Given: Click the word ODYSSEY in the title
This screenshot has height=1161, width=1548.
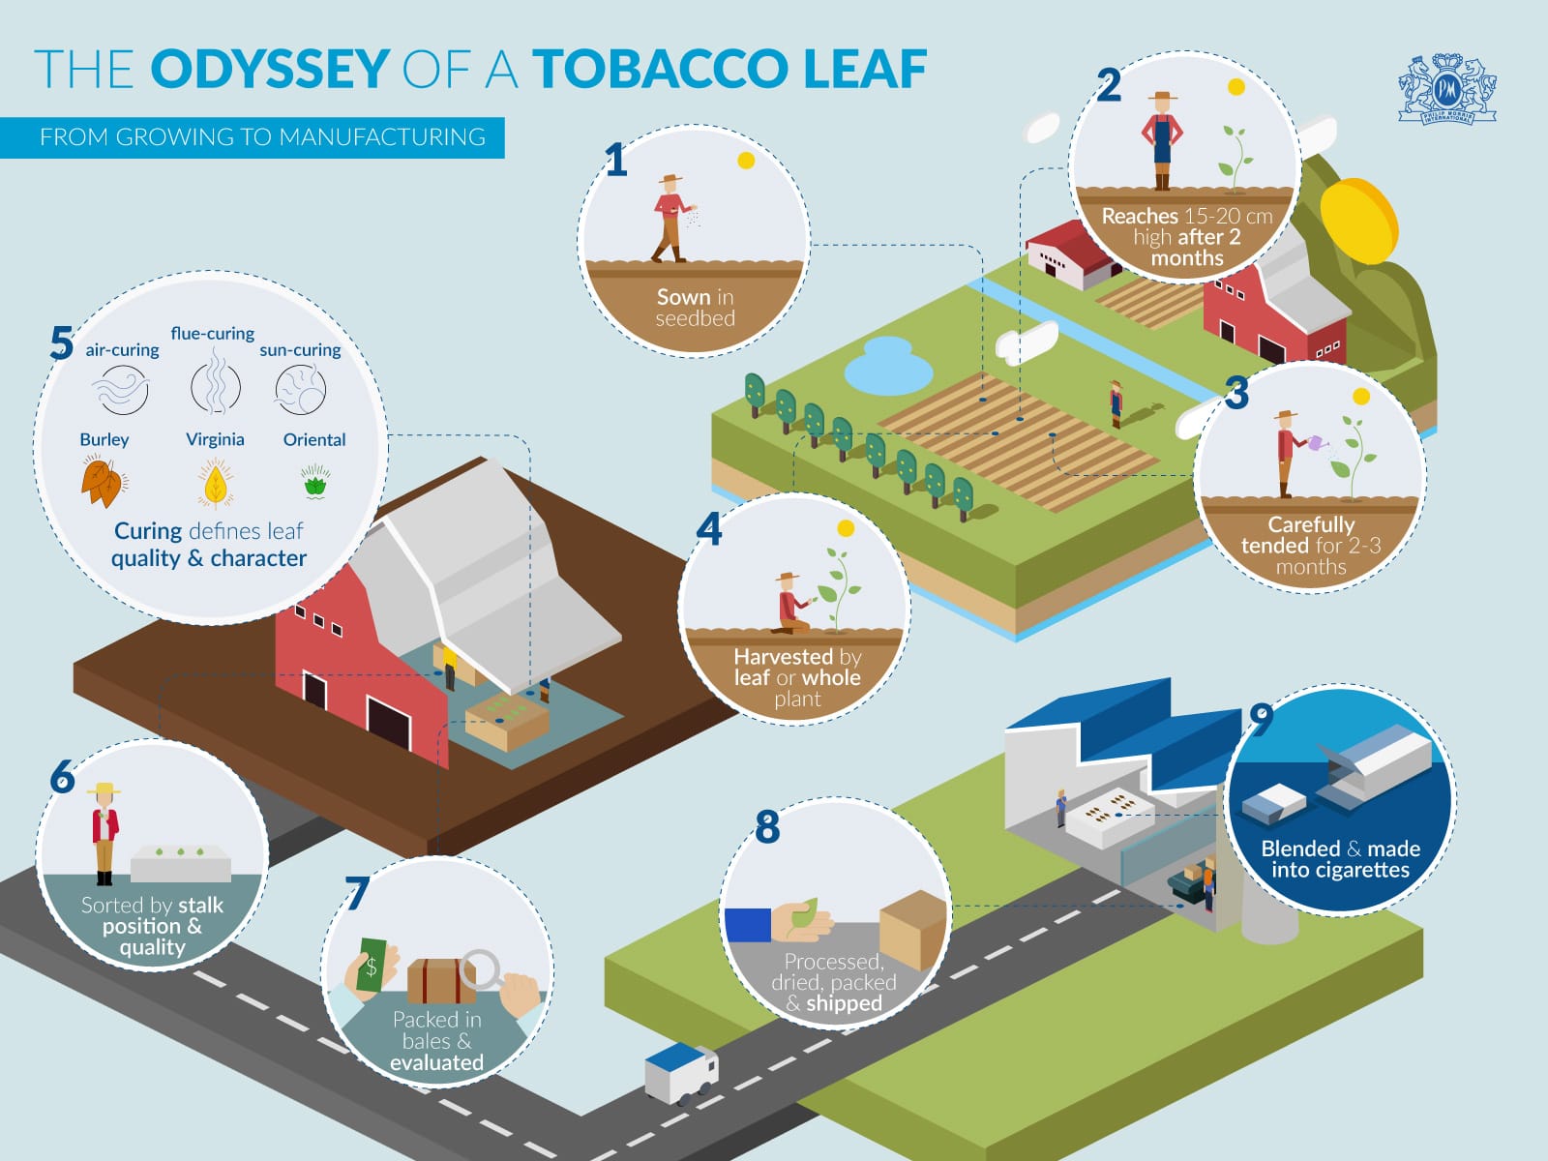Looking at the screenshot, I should click(x=269, y=69).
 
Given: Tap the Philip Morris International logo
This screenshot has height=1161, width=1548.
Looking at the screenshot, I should click(x=1447, y=90).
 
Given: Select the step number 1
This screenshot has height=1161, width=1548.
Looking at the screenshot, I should click(x=615, y=160).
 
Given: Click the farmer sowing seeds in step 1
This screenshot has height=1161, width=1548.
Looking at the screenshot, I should click(x=670, y=219).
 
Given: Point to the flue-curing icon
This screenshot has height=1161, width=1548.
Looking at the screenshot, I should click(x=215, y=387).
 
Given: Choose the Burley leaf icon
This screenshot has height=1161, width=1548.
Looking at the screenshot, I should click(x=103, y=483).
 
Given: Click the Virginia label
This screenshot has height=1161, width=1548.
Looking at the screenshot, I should click(x=215, y=439).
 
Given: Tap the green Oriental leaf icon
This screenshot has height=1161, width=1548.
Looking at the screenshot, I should click(x=315, y=481).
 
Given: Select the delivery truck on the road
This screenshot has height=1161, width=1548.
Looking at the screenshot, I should click(x=681, y=1072).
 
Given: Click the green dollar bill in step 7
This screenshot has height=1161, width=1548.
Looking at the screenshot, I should click(x=371, y=965).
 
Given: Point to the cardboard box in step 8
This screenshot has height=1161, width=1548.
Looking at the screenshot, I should click(x=911, y=929).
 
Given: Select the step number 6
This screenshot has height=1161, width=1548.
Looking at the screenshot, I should click(x=63, y=777).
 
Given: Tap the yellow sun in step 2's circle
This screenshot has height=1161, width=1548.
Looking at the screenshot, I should click(x=1235, y=87).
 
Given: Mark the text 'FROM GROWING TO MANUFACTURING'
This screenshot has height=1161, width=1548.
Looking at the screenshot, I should click(x=262, y=137).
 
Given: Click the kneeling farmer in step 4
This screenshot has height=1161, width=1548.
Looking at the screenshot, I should click(x=792, y=605).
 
